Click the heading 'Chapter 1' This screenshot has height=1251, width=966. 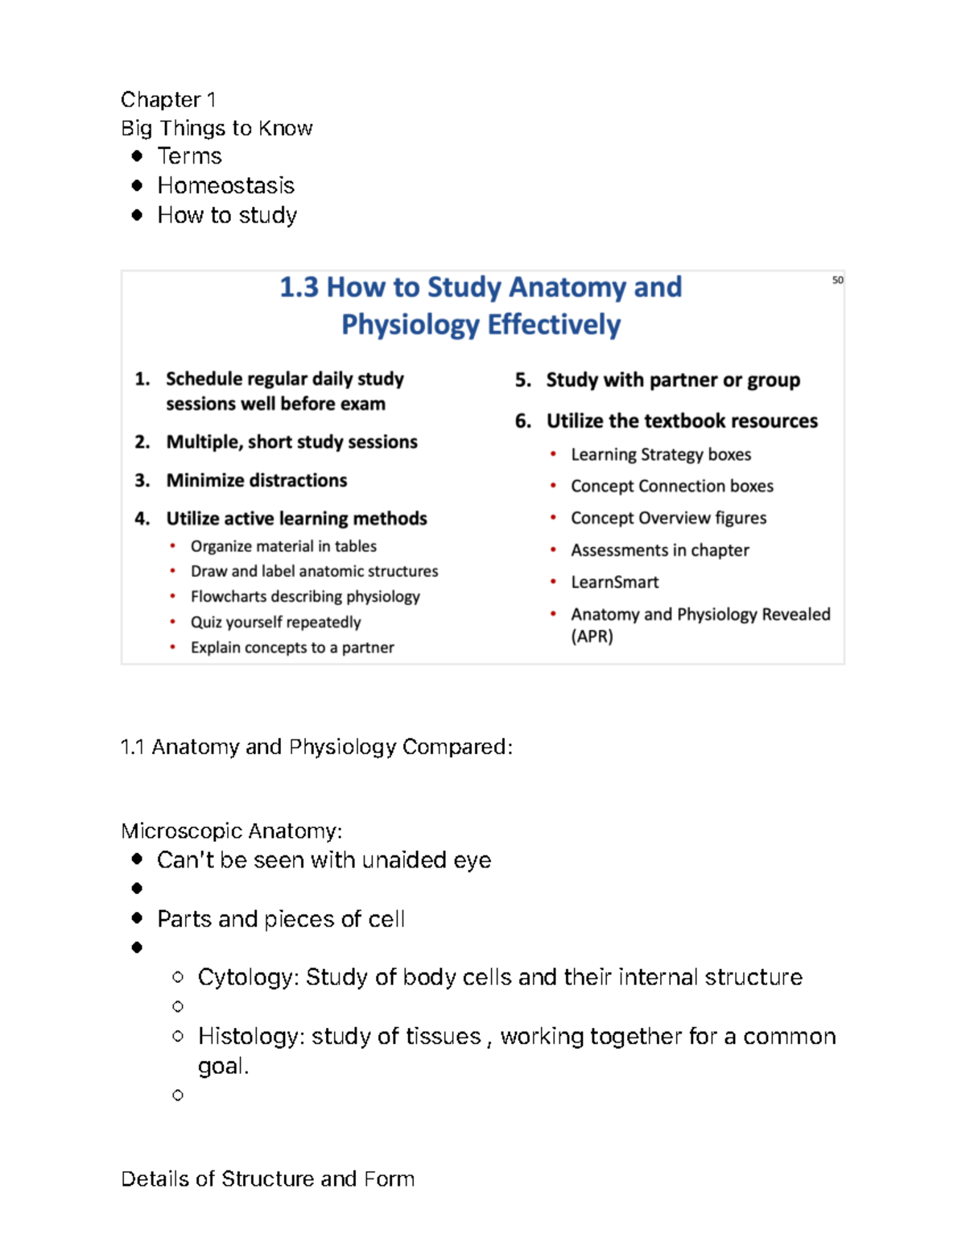[168, 100]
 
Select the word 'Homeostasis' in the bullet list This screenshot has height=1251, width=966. [225, 186]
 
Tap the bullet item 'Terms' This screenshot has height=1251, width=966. [189, 156]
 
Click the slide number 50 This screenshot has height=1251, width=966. [837, 280]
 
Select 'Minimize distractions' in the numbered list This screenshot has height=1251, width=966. [256, 481]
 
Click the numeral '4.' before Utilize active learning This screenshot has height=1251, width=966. [142, 519]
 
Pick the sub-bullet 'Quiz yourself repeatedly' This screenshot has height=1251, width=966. [275, 623]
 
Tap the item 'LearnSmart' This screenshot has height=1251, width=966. [614, 582]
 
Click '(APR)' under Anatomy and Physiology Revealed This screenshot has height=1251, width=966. [592, 637]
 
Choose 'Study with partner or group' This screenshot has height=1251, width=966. [672, 380]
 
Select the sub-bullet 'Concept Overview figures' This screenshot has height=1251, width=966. [668, 519]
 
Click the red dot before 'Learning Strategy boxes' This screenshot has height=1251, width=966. [553, 454]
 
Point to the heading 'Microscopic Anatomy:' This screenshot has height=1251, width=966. [231, 831]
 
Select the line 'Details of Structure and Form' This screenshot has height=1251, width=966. [267, 1179]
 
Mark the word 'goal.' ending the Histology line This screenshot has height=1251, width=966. [223, 1067]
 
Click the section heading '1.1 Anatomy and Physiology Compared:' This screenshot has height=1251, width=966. [316, 748]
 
